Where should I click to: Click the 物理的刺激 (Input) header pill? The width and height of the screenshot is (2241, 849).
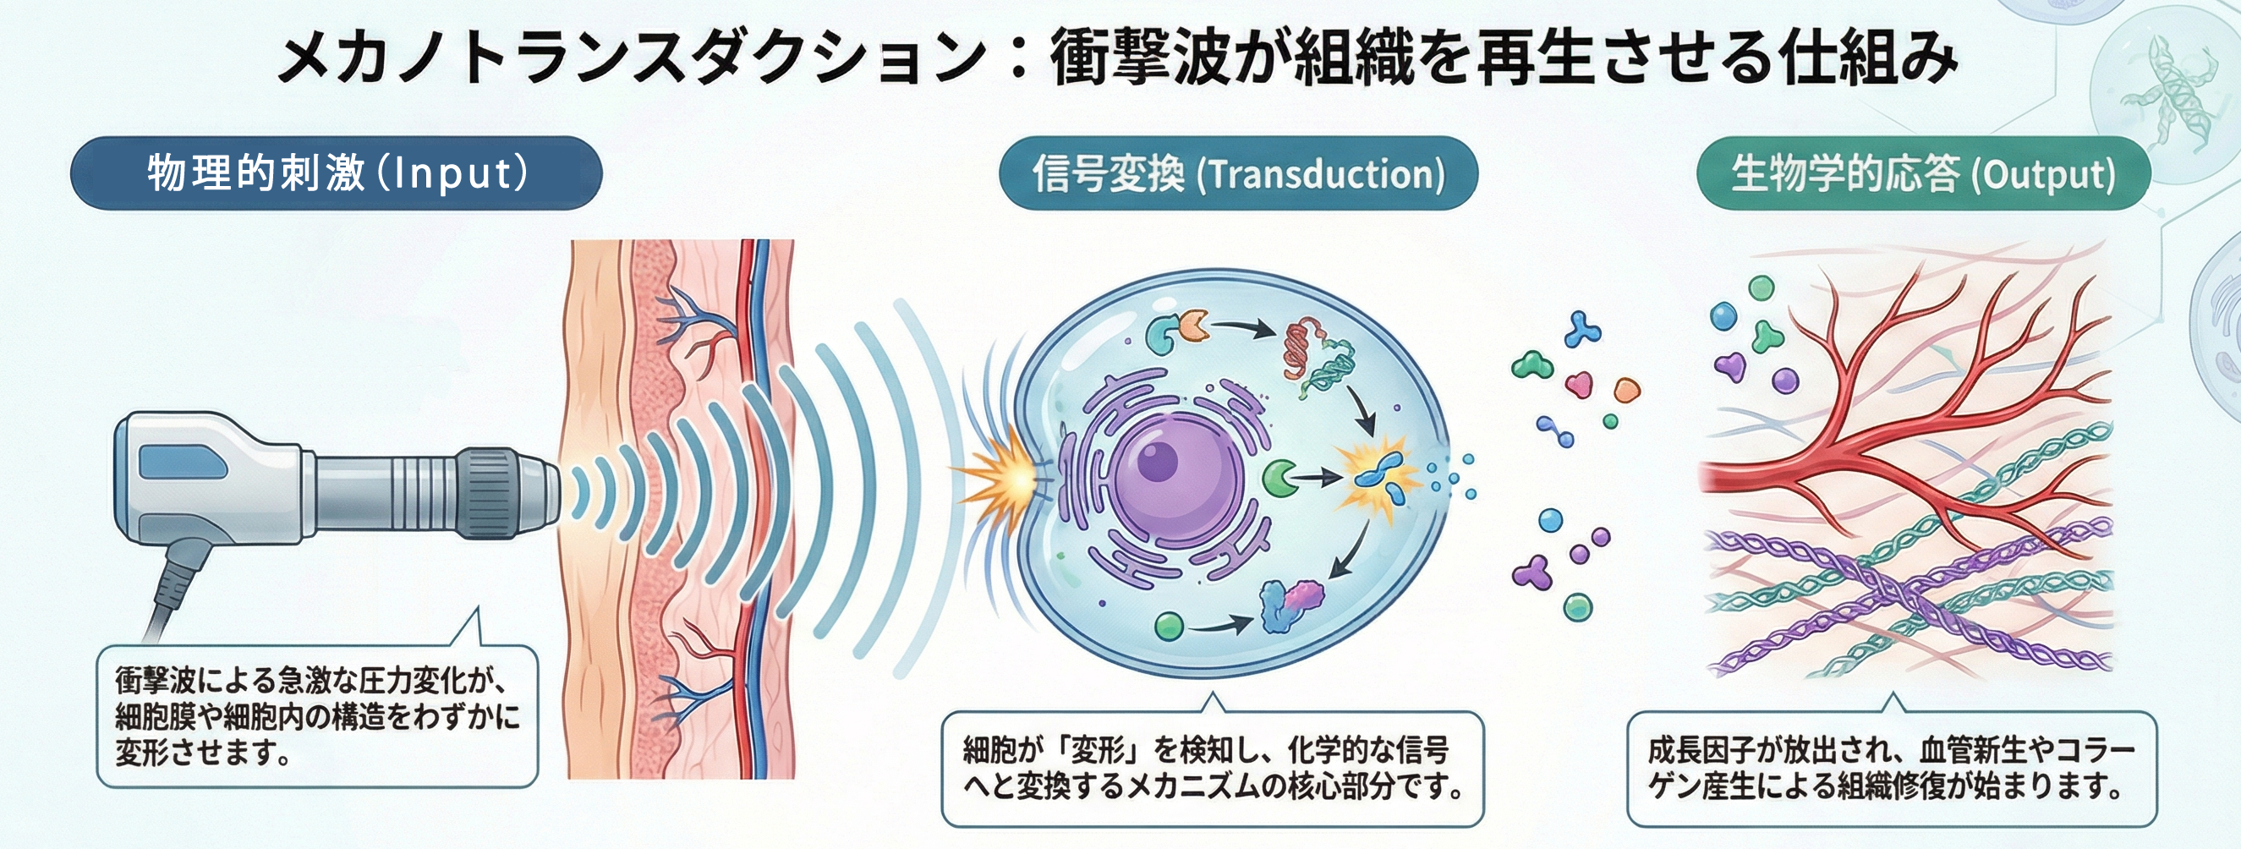tap(336, 173)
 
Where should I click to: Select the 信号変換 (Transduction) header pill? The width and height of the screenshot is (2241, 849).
tap(1238, 173)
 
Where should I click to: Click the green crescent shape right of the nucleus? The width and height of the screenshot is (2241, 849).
tap(1277, 478)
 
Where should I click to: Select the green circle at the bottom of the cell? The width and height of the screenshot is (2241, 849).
tap(1170, 626)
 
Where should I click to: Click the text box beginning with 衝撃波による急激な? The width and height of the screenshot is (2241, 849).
tap(317, 717)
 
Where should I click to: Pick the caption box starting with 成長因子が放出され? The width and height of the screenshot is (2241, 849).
tap(1891, 769)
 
